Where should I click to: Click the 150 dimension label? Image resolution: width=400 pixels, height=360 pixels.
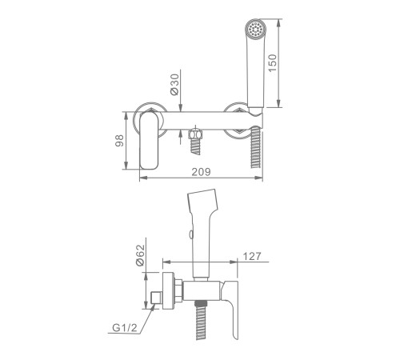coord(273,63)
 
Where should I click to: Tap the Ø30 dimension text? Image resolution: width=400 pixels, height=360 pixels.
coord(174,85)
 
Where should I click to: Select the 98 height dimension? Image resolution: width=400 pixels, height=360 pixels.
coord(119,141)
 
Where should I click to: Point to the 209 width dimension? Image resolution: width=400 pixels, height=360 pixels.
coord(201,172)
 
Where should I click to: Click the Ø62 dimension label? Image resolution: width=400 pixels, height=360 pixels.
coord(140,255)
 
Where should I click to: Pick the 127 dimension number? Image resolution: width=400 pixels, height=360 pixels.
coord(252,256)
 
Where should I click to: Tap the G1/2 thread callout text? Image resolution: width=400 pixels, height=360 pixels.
coord(125,327)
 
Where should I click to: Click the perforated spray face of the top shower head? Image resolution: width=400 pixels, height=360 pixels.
coord(255,30)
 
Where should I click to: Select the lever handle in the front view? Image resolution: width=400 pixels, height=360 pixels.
coord(149,141)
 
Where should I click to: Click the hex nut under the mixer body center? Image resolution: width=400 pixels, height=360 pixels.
coord(195,134)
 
